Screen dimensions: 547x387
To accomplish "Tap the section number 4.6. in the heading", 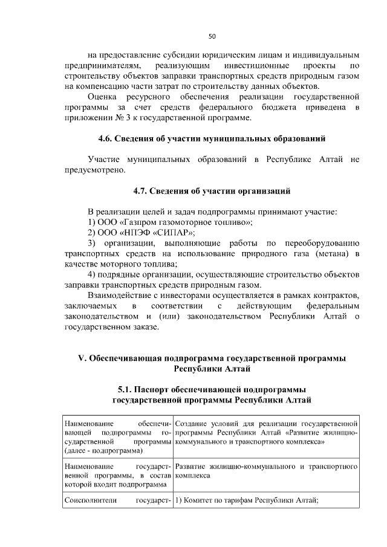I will click(x=107, y=139).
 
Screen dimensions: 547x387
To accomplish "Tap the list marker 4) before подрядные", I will click(x=93, y=275).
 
